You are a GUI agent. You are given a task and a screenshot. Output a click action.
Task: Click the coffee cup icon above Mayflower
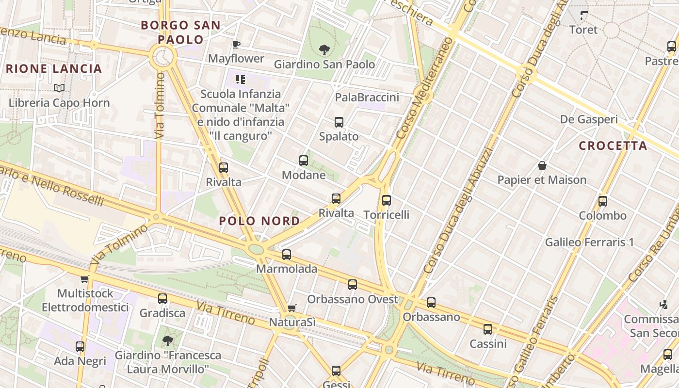pyautogui.click(x=236, y=45)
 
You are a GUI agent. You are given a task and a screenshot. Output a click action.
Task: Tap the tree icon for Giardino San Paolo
pyautogui.click(x=324, y=49)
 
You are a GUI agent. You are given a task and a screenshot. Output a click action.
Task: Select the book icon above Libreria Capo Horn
pyautogui.click(x=59, y=88)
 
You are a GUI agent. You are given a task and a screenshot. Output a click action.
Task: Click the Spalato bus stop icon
pyautogui.click(x=339, y=122)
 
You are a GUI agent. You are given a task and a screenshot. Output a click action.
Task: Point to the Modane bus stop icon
pyautogui.click(x=304, y=161)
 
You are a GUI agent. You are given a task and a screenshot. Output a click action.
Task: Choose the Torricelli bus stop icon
pyautogui.click(x=387, y=200)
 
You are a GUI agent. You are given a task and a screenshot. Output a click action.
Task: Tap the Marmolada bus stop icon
pyautogui.click(x=287, y=255)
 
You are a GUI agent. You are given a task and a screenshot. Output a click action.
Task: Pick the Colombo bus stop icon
pyautogui.click(x=603, y=201)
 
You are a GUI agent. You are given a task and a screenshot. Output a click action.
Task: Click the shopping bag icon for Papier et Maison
pyautogui.click(x=542, y=166)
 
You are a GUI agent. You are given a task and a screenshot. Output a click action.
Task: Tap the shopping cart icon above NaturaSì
pyautogui.click(x=291, y=308)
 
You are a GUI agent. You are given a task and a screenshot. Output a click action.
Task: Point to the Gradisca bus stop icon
pyautogui.click(x=162, y=299)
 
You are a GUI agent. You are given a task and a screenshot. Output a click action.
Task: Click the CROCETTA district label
pyautogui.click(x=613, y=146)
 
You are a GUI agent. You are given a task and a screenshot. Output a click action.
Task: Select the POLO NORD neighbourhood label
pyautogui.click(x=259, y=221)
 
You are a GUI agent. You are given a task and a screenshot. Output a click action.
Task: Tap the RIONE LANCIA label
pyautogui.click(x=54, y=69)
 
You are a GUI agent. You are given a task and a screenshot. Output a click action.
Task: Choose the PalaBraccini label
pyautogui.click(x=367, y=97)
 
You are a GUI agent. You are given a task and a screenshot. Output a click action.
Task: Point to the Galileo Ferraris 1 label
pyautogui.click(x=589, y=242)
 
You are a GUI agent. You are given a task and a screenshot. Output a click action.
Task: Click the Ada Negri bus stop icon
pyautogui.click(x=80, y=347)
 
